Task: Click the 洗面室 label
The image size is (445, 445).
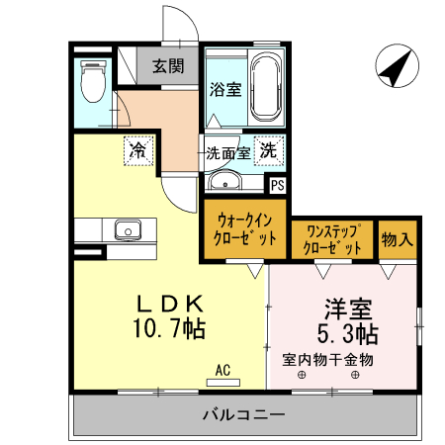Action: click(226, 153)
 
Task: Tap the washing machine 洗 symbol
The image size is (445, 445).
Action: click(267, 151)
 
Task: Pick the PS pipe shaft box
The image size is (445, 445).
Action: click(278, 184)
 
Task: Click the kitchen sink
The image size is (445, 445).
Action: click(130, 230)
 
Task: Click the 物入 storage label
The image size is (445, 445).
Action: click(397, 238)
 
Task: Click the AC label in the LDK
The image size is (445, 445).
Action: click(222, 370)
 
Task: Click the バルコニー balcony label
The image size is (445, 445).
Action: click(243, 413)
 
